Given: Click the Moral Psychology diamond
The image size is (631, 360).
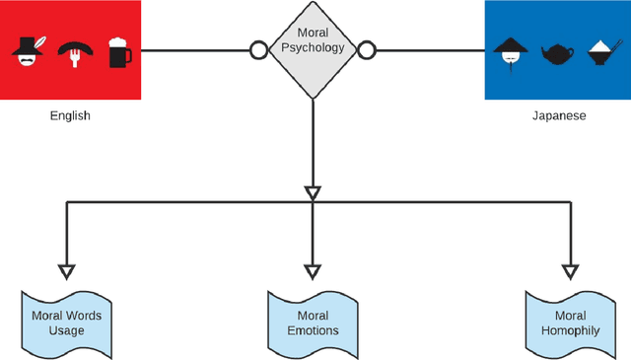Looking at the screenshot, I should tap(312, 49).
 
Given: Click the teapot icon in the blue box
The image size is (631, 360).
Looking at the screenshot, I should tap(557, 52).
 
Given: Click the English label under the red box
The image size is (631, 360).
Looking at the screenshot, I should tap(70, 115).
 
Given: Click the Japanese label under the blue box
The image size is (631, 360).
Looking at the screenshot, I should tap(558, 115).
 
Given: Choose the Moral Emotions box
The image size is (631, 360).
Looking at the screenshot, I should tap(312, 322).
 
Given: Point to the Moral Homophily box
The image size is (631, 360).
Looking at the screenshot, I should tap(569, 322).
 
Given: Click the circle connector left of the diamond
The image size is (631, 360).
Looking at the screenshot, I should tap(259, 49).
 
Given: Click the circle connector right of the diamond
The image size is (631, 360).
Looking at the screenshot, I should tap(366, 49).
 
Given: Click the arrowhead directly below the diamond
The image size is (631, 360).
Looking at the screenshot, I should tap(313, 191).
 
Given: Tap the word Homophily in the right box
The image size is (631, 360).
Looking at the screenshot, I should tap(569, 329).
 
